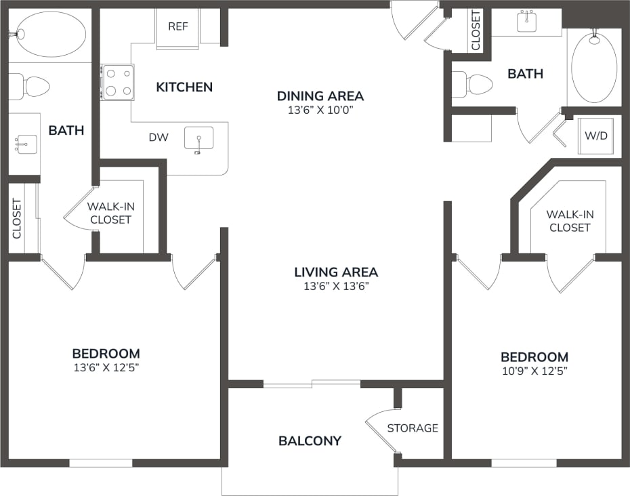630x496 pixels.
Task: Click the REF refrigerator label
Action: pos(178,26)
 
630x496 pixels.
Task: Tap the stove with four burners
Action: pos(117,82)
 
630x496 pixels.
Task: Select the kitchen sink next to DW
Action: pos(199,139)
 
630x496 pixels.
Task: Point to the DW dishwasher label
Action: pos(159,138)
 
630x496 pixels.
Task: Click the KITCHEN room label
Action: pos(184,87)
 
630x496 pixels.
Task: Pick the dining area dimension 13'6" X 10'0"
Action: pos(320,110)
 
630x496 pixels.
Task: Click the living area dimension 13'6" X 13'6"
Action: pos(336,286)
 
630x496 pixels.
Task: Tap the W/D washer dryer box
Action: pos(596,136)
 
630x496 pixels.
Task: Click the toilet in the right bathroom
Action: pos(473,85)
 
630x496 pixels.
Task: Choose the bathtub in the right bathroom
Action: pos(594,69)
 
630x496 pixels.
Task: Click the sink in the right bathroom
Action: pos(527,22)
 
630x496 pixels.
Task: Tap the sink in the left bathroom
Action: pos(26,144)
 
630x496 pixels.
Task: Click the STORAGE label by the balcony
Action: pos(413,428)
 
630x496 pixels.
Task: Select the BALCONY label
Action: pos(310,441)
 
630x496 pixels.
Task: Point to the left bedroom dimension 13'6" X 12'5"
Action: pos(106,367)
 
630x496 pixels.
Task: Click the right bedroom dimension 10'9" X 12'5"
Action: pos(534,371)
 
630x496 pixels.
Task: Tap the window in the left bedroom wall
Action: pos(101,463)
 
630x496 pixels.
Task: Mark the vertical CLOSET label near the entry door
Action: pos(476,30)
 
